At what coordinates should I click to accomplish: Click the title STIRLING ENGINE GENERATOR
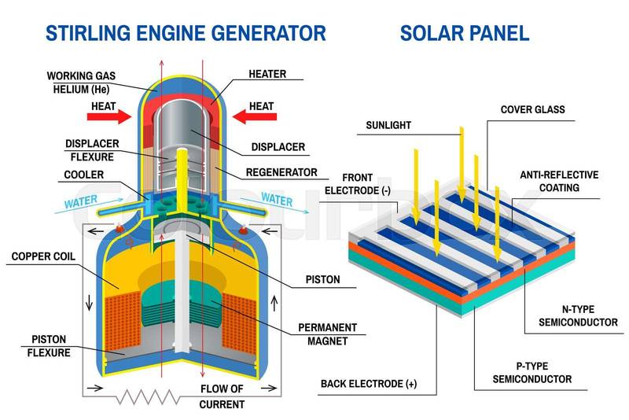(186, 33)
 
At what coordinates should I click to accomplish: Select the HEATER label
(267, 75)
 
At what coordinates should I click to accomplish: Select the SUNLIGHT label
(388, 125)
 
